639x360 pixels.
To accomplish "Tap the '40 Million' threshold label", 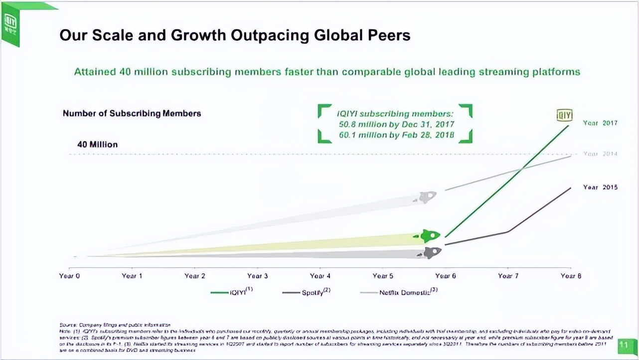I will [x=97, y=145].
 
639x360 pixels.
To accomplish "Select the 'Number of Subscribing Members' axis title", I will [x=132, y=114].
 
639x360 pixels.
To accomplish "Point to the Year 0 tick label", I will [x=69, y=276].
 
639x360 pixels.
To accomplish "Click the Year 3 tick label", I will [x=257, y=276].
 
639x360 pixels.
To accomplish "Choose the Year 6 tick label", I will [x=445, y=276].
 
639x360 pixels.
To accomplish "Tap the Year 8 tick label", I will [x=571, y=276].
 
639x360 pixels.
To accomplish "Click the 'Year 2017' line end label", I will [x=600, y=123].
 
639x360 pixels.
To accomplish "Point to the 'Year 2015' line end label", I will [x=600, y=187].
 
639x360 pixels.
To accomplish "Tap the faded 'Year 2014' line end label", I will [x=600, y=154].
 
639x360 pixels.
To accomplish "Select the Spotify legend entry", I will [x=307, y=292].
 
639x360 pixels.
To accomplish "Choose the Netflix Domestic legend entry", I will [x=399, y=292].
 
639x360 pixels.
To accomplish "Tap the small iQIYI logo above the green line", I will [x=565, y=115].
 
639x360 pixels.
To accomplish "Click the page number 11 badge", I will [x=623, y=345].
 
